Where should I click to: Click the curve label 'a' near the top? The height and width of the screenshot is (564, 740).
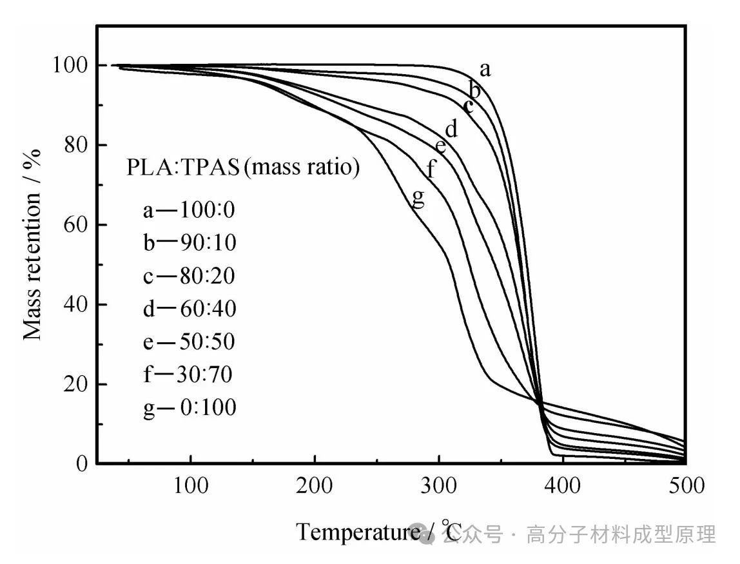tap(485, 70)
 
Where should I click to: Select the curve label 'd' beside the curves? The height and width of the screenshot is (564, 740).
tap(451, 129)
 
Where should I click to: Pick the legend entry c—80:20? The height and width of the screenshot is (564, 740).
tap(189, 276)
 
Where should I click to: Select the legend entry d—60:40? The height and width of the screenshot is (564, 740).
tap(190, 309)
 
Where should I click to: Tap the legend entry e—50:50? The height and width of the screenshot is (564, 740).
tap(189, 342)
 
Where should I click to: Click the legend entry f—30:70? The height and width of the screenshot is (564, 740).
tap(189, 374)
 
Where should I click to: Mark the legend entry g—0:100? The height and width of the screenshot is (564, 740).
tap(190, 408)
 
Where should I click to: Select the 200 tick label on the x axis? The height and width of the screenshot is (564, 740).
tap(315, 485)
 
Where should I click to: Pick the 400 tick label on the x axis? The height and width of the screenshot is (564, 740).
tap(562, 485)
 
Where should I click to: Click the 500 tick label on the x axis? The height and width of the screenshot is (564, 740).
tap(685, 485)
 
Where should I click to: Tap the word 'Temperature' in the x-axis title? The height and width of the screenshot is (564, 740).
tap(358, 532)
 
